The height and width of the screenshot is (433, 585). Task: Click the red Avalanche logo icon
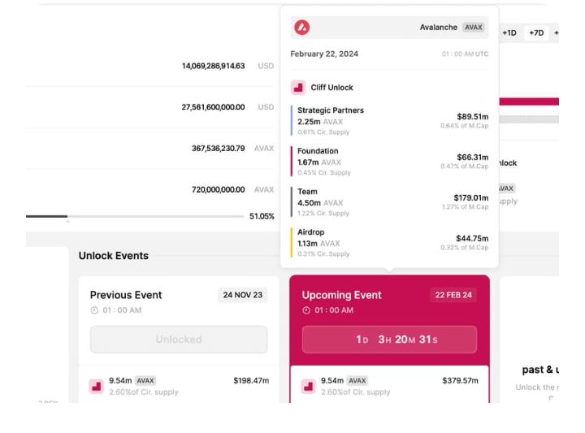tap(302, 28)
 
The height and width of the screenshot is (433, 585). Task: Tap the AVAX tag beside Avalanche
tap(473, 28)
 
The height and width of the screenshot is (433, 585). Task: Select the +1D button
tap(509, 33)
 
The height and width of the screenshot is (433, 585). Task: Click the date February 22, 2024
tap(324, 54)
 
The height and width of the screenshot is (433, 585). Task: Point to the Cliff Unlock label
tap(331, 88)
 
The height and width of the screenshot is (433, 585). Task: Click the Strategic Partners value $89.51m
tap(472, 116)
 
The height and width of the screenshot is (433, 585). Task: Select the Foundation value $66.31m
tap(472, 157)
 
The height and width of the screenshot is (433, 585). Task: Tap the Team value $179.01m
tap(470, 197)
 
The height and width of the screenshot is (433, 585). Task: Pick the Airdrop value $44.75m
tap(472, 238)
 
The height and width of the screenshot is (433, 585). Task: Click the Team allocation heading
tap(307, 192)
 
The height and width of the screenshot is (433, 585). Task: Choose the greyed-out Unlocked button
tap(179, 340)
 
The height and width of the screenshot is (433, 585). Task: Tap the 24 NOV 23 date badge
tap(242, 295)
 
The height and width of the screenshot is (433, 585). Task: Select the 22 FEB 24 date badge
tap(453, 295)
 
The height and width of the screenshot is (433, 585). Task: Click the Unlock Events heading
tap(114, 256)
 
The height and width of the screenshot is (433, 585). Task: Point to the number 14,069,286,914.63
tap(213, 66)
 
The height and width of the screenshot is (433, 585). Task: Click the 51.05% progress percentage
tap(262, 217)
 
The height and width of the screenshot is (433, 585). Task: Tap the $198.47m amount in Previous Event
tap(251, 380)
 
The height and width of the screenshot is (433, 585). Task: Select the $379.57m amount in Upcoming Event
tap(461, 380)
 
